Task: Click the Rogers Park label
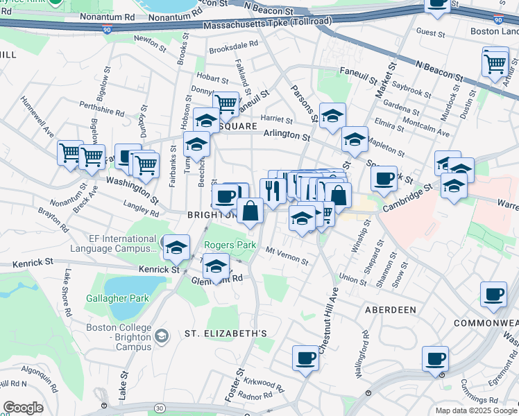pos(230,245)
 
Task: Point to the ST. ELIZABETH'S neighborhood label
pos(226,333)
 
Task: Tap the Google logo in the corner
pos(22,408)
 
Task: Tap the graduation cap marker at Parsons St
pos(332,116)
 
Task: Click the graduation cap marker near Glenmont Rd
pos(216,267)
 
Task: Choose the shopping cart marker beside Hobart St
pos(226,105)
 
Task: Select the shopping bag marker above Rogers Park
pos(249,211)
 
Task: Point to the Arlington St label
pos(286,136)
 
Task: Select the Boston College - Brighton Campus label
pos(119,337)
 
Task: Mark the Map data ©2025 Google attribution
pos(475,410)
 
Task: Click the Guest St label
pos(430,32)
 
